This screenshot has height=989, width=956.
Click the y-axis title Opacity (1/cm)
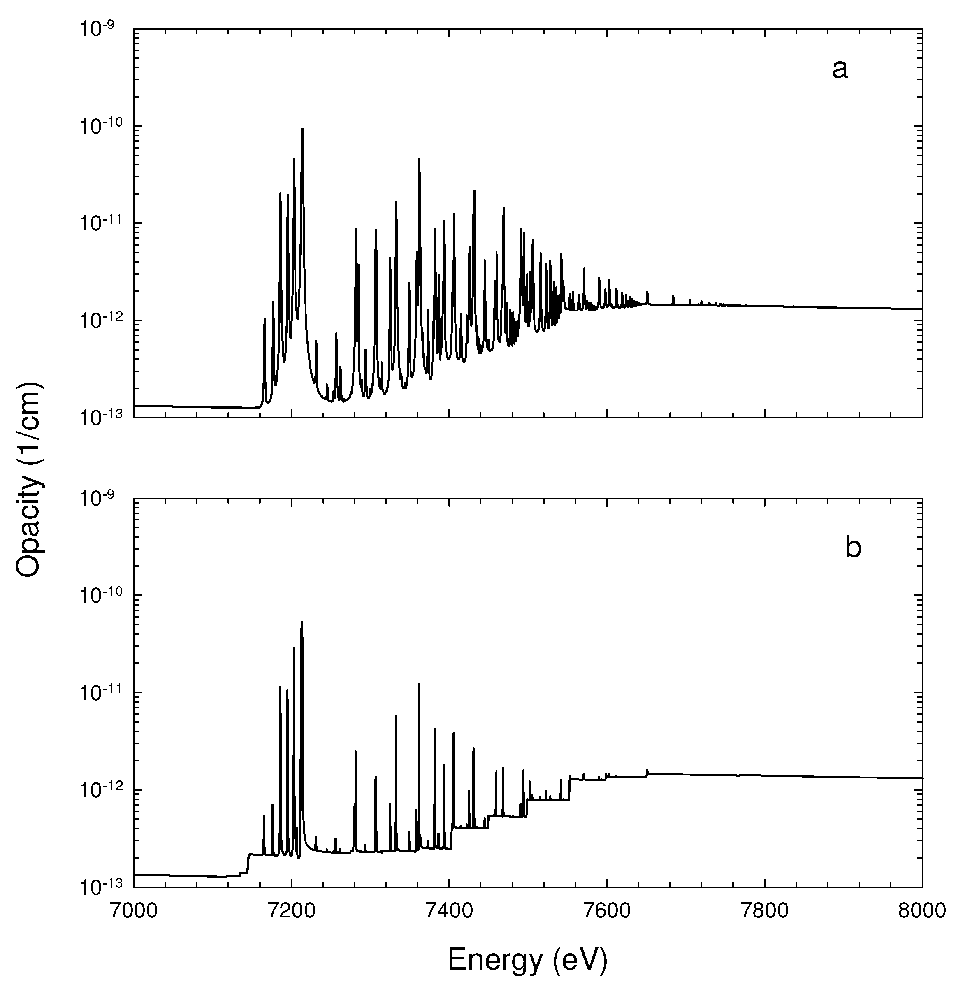pos(29,479)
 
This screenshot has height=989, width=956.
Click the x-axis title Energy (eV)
pos(528,958)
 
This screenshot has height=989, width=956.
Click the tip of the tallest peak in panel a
pos(302,129)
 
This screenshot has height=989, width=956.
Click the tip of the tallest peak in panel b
pos(302,622)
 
